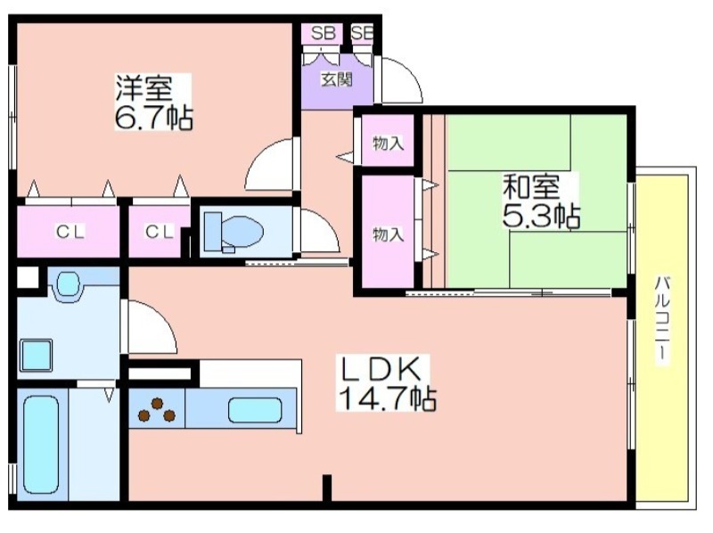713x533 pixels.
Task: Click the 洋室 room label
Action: (x=142, y=88)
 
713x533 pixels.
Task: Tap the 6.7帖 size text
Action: (x=152, y=118)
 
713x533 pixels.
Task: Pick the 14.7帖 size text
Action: (x=385, y=398)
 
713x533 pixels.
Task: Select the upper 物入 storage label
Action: (x=388, y=143)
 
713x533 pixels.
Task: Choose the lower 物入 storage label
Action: (x=388, y=234)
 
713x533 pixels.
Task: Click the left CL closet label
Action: (x=70, y=233)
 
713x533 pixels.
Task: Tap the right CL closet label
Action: (x=159, y=233)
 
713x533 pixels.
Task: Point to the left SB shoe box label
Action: (x=323, y=33)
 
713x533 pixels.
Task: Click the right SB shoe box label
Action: (x=362, y=33)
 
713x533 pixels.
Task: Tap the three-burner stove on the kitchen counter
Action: (x=156, y=409)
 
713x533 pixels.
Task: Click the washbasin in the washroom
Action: (x=68, y=286)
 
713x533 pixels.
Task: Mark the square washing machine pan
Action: (x=37, y=354)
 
